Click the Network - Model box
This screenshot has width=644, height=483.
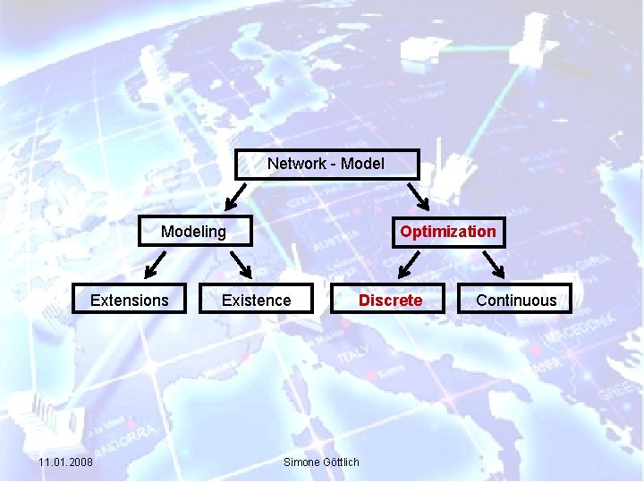click(326, 164)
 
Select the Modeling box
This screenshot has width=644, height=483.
click(194, 232)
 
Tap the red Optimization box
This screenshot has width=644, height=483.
click(448, 232)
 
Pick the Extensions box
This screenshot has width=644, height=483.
click(130, 301)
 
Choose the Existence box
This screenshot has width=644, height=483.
click(257, 301)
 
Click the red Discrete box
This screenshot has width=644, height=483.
click(390, 301)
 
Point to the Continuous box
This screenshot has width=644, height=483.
click(516, 301)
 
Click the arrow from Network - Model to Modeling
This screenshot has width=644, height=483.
click(235, 195)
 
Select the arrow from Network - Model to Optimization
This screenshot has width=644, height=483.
click(418, 195)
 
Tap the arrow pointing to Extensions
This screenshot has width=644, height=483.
click(155, 265)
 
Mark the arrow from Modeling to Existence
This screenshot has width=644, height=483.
click(241, 265)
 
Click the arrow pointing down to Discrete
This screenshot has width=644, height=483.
click(409, 265)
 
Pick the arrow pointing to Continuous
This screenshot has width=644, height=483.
click(494, 265)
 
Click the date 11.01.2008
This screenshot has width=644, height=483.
click(65, 462)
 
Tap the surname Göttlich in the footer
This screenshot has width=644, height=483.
click(339, 462)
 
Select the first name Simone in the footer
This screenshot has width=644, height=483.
click(300, 462)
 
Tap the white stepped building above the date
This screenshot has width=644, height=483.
click(54, 416)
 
